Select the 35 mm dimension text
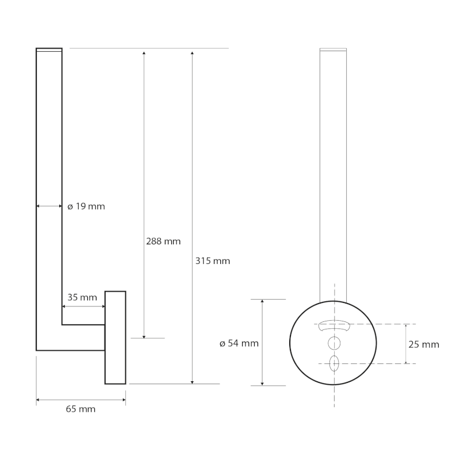tap(82, 297)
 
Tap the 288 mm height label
tap(163, 241)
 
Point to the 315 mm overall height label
tap(213, 261)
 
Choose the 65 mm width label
tap(80, 409)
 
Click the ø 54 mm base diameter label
tap(239, 344)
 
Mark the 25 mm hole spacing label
tap(424, 344)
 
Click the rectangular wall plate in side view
tap(115, 337)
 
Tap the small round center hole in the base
tap(334, 343)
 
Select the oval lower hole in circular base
tap(334, 363)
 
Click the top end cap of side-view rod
tap(49, 50)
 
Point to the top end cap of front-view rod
tap(334, 50)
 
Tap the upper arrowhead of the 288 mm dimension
tap(144, 53)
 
